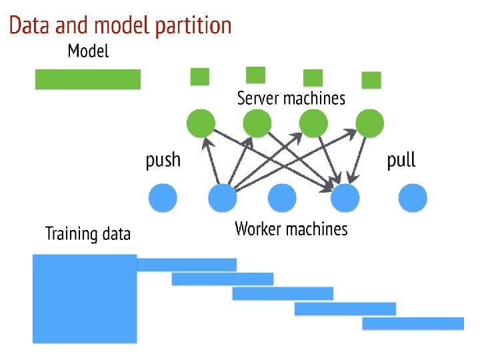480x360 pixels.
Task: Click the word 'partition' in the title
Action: tap(193, 26)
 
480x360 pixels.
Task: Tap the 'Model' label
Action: tap(88, 51)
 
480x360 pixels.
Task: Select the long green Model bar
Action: tap(88, 79)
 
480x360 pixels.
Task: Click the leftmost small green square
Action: tap(200, 77)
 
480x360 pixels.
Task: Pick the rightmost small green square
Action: tap(371, 80)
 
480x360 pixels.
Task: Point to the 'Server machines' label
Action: tap(291, 98)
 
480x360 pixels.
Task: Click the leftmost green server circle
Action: tap(201, 123)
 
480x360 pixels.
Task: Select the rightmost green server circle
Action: tap(370, 123)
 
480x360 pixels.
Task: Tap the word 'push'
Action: tap(163, 160)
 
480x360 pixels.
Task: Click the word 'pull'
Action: tap(401, 159)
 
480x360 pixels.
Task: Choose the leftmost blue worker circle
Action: tap(163, 198)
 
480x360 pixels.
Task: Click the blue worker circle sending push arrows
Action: tap(222, 198)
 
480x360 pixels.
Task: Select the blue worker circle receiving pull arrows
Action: tap(345, 198)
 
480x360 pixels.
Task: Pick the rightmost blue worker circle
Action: tap(413, 198)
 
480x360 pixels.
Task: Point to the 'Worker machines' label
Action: tap(291, 229)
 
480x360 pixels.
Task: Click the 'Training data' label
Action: tap(88, 233)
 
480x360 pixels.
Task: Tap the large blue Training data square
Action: tap(85, 299)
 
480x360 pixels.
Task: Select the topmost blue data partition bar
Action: tap(187, 265)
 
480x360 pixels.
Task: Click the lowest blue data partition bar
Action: tap(413, 323)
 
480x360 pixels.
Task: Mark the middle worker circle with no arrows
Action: tap(282, 198)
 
